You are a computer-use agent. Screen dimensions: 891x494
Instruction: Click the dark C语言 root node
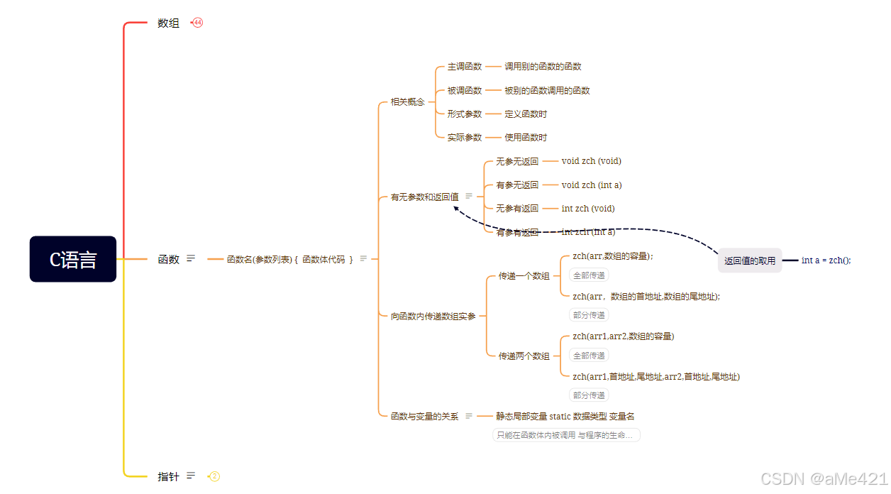point(73,259)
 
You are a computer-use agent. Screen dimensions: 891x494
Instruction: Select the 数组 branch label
point(168,23)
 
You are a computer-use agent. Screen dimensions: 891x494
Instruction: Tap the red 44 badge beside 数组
point(198,23)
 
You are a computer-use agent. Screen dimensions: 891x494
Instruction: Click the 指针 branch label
point(168,476)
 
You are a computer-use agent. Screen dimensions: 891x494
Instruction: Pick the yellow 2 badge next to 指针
point(214,476)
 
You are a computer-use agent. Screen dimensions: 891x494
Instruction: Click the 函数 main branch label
point(168,259)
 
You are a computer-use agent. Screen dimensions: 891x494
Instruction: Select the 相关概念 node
point(407,102)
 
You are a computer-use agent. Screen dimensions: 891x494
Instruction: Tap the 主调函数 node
point(464,67)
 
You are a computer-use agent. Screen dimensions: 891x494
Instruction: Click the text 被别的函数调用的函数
point(547,91)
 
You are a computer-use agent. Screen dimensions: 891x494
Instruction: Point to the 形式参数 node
point(464,114)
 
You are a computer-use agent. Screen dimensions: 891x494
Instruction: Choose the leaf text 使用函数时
point(526,138)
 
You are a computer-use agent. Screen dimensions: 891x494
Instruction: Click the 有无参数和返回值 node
point(424,197)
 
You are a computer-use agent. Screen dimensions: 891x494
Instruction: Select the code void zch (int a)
point(591,185)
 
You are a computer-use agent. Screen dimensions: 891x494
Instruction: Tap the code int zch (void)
point(587,209)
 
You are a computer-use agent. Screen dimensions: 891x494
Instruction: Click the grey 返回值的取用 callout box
point(749,260)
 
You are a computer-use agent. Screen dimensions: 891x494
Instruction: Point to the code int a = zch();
point(826,260)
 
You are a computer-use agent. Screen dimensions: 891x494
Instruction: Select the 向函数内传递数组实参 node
point(433,317)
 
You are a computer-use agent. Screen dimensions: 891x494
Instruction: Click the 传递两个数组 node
point(524,356)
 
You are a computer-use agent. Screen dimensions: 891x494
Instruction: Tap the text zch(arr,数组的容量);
point(612,256)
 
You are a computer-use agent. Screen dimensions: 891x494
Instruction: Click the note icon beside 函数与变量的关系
point(468,416)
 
